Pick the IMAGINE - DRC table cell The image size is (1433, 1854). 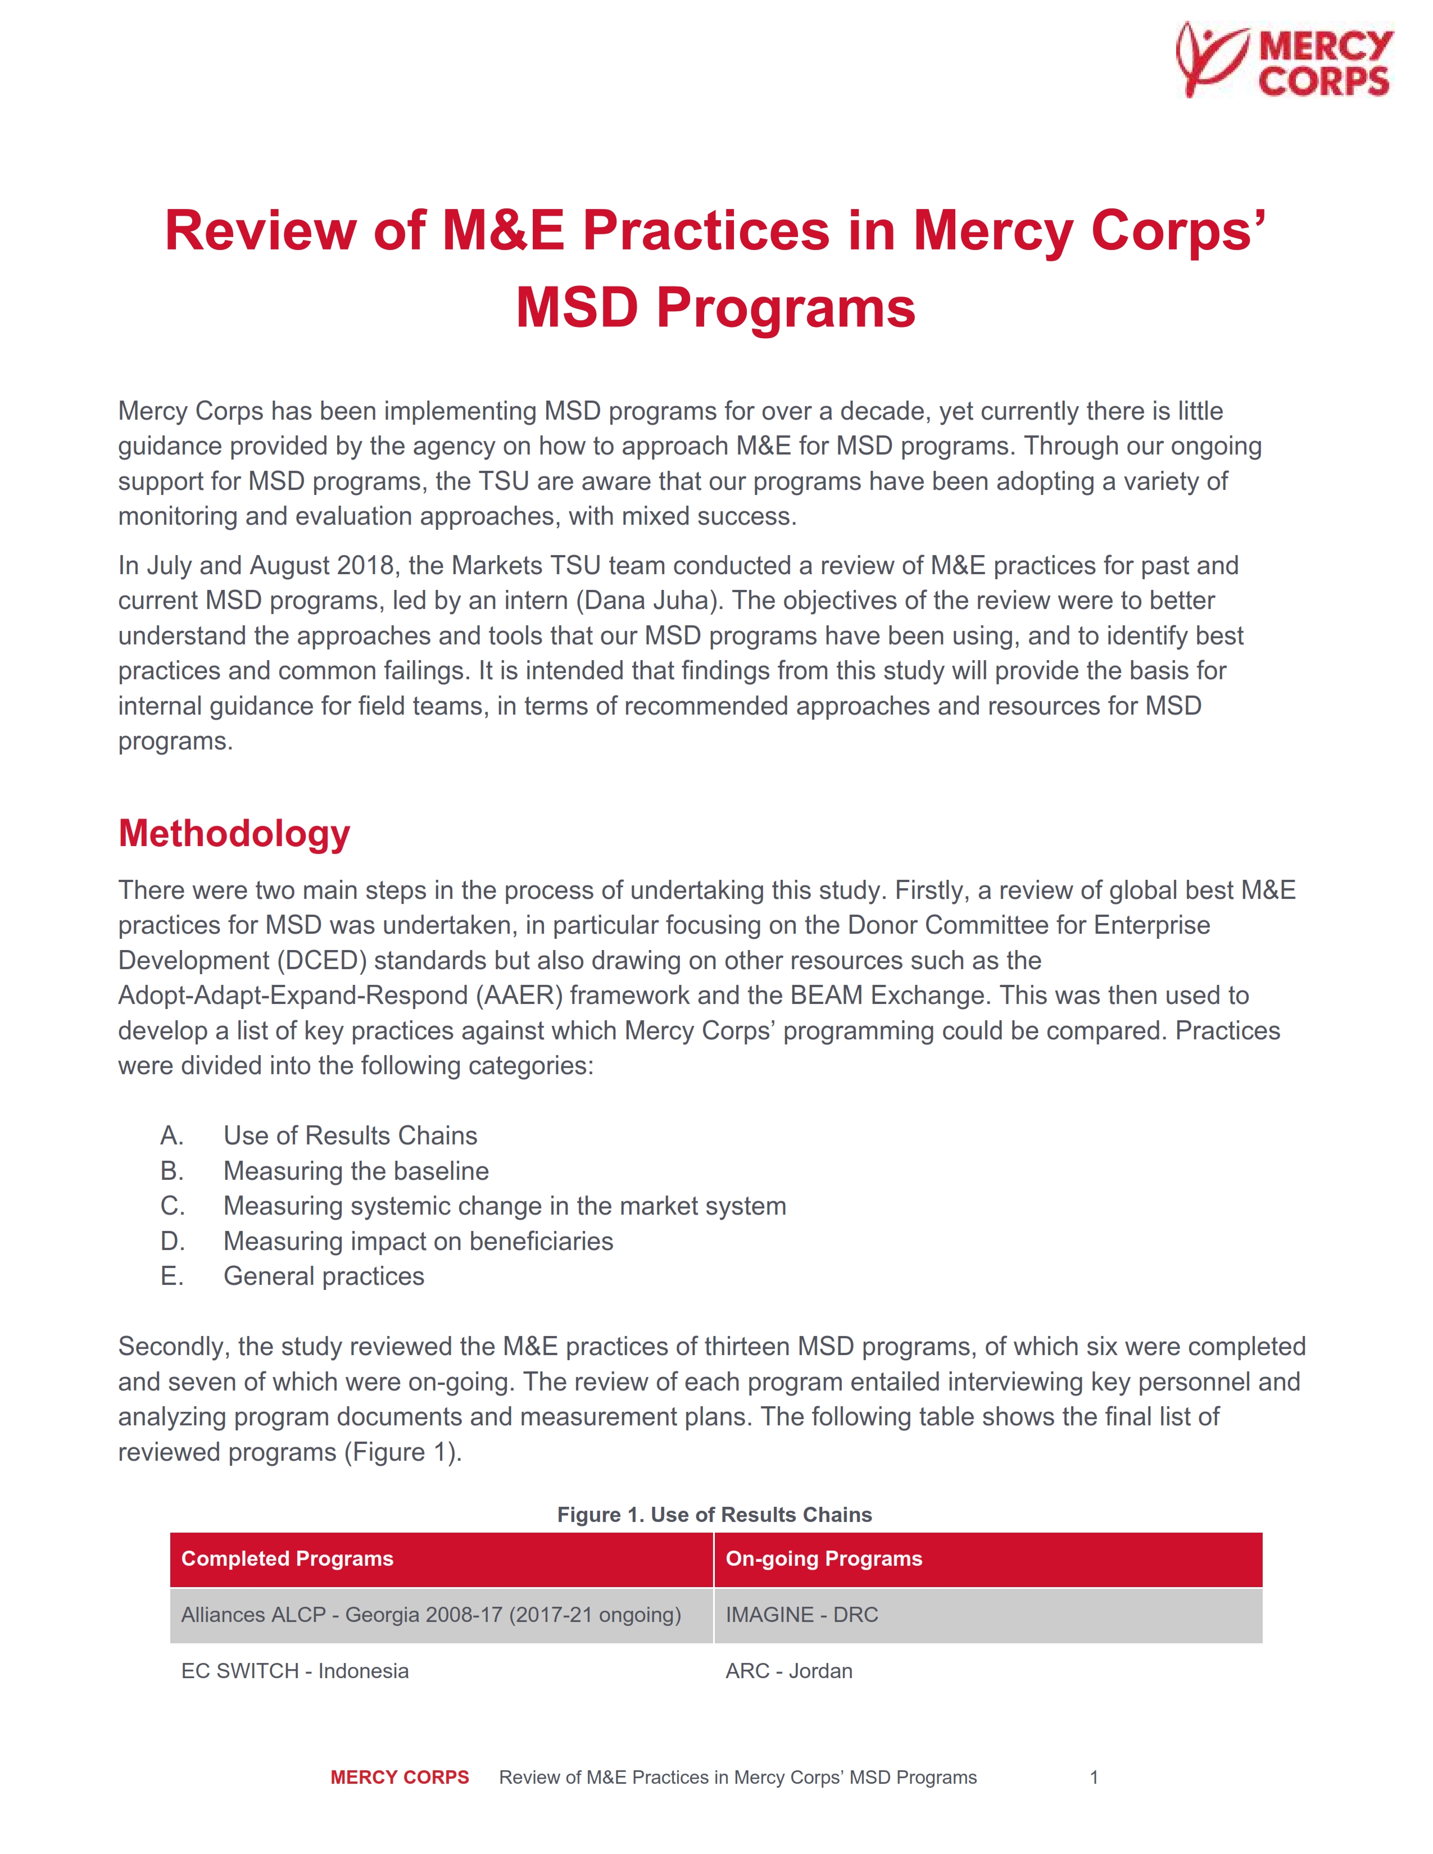[801, 1615]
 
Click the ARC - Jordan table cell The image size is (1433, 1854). [788, 1671]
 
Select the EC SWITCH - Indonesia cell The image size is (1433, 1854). [294, 1671]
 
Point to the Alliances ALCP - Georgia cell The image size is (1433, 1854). [430, 1615]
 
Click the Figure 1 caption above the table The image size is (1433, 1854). [714, 1515]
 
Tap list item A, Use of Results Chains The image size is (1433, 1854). [350, 1136]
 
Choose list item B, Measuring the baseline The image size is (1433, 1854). [356, 1171]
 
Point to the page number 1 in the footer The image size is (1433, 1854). [1094, 1778]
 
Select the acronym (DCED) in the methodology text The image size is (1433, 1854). [322, 960]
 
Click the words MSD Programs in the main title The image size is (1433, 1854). [715, 307]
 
